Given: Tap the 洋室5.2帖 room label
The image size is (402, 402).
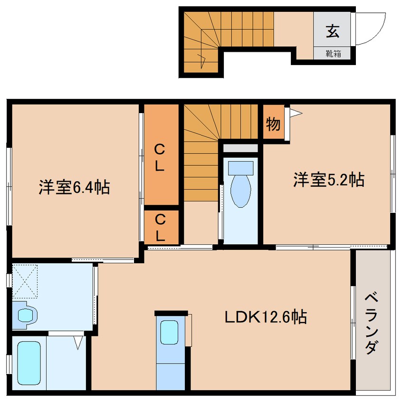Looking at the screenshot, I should coord(328,180).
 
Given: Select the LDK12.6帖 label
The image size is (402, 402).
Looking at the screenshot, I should coord(265,316).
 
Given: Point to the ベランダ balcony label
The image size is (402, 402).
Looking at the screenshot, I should coord(372,323).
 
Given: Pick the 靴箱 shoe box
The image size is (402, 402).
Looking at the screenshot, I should coord(332,53).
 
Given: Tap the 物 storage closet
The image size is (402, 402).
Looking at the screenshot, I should coord(273,124).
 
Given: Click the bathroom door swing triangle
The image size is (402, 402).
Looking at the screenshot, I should coord(79,342).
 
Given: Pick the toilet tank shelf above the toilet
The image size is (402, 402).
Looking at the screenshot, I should coord(240,148).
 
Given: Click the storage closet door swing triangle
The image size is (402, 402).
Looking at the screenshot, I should coord(296,113).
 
